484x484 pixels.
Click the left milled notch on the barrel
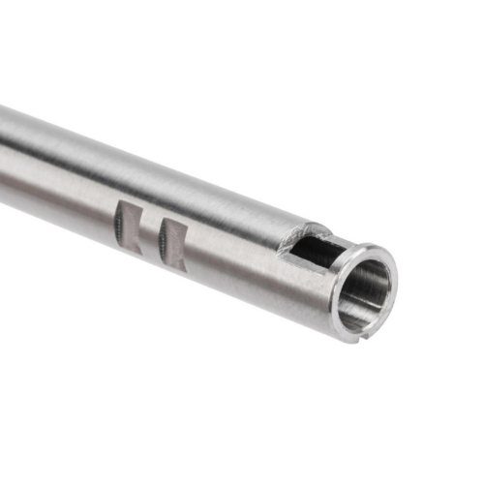point(129,227)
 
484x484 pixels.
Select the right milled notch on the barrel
point(173,243)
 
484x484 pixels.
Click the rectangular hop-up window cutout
point(314,250)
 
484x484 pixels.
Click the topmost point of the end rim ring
point(373,246)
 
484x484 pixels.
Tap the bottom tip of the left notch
point(136,254)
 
